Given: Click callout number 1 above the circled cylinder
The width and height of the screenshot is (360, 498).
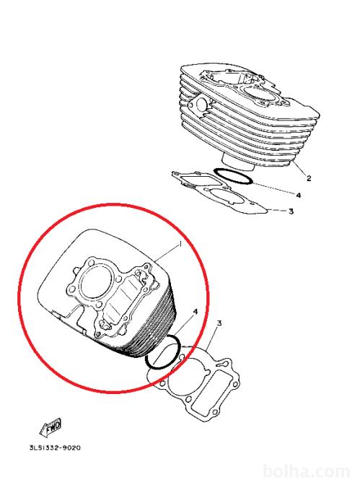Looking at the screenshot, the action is (x=180, y=244).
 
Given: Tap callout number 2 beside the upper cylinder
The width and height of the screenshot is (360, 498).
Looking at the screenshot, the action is (x=309, y=178).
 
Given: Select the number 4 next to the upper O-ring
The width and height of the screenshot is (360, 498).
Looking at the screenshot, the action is (x=299, y=195).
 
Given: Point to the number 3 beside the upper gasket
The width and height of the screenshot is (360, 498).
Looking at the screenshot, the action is (x=291, y=211).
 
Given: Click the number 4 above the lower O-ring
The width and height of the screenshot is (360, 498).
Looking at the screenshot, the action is (x=196, y=312).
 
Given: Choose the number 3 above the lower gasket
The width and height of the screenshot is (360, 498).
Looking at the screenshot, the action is (x=219, y=323).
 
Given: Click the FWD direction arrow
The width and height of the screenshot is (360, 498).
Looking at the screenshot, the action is (x=51, y=427).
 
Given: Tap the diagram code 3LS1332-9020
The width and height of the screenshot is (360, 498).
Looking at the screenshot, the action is (x=55, y=447).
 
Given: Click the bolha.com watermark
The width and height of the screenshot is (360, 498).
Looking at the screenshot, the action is (x=307, y=472).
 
